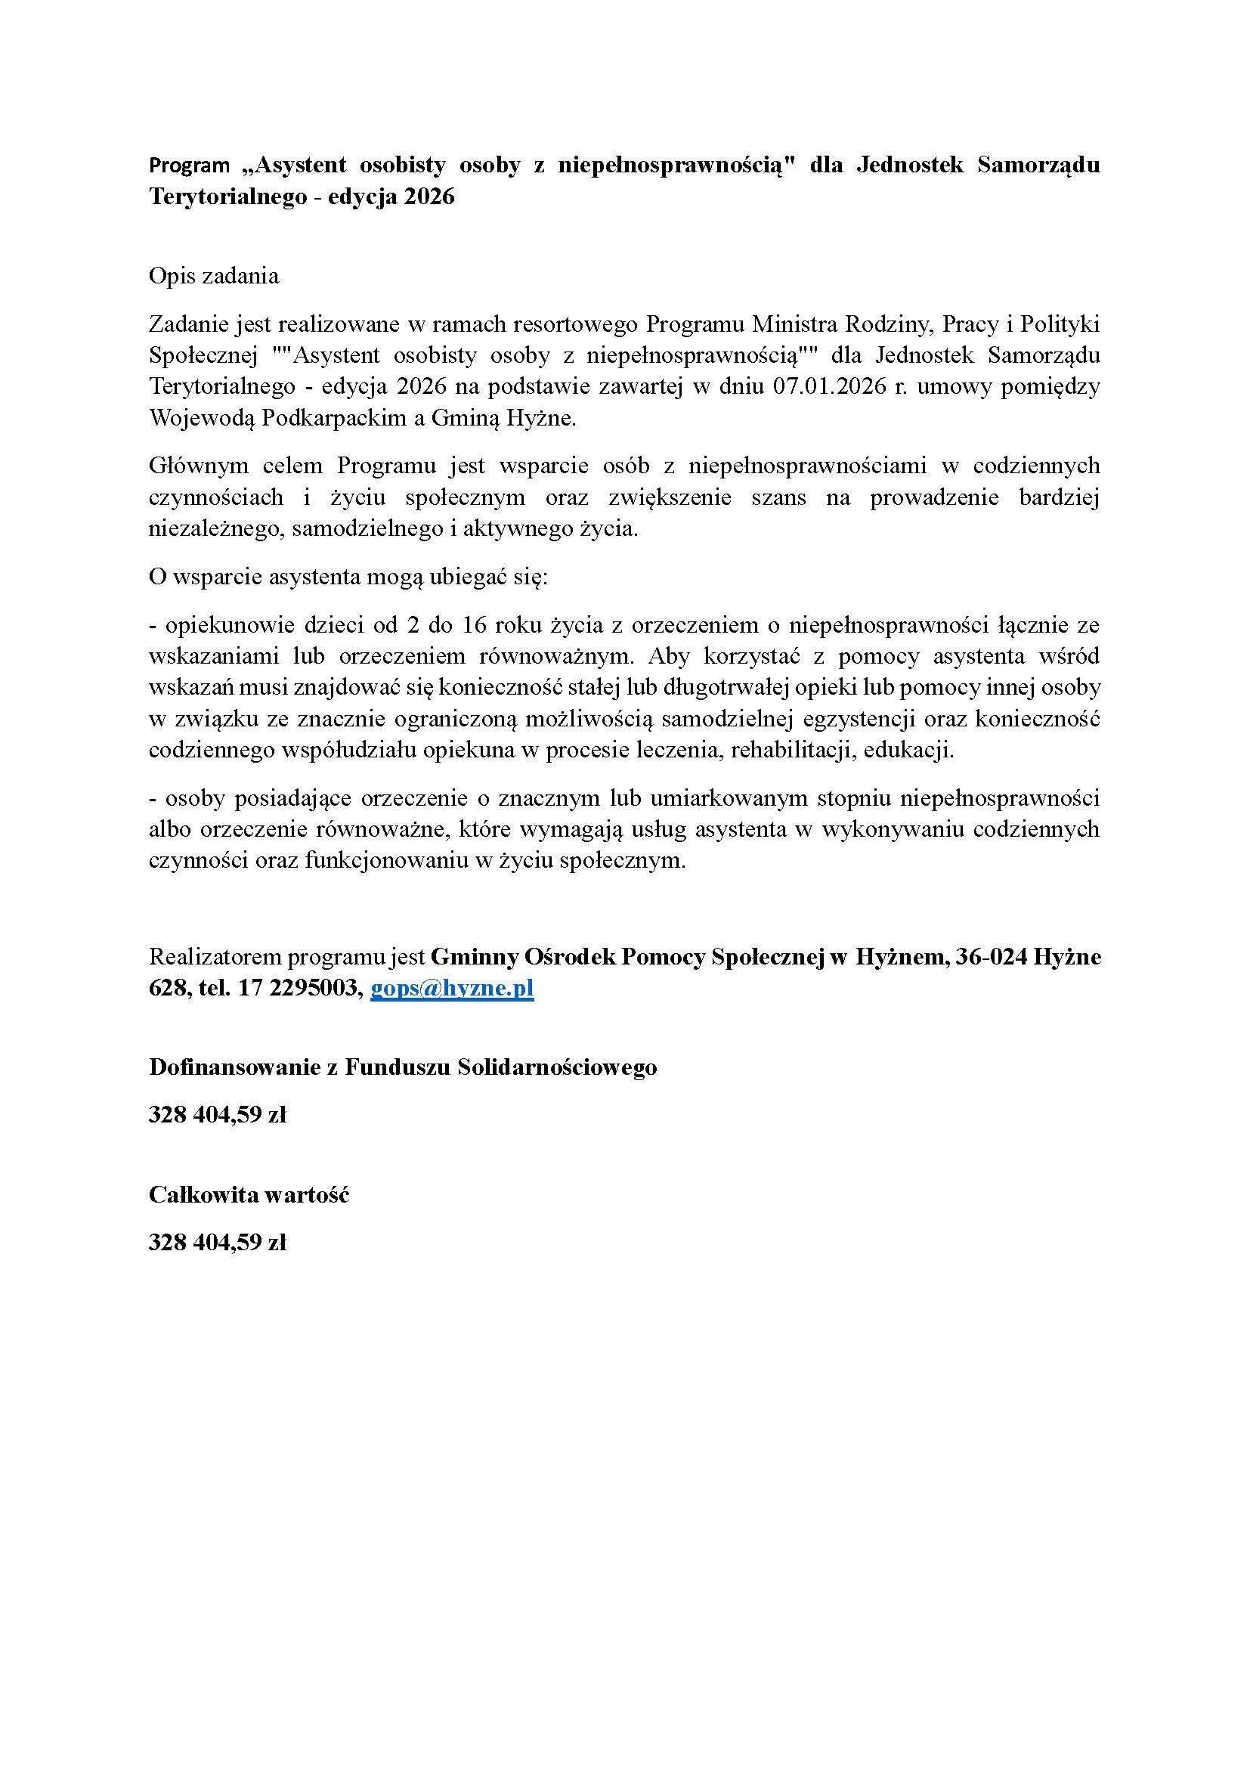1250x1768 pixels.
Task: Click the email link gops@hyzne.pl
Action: pos(452,989)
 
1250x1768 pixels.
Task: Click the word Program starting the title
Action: pos(190,165)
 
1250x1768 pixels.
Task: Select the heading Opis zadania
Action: pos(213,276)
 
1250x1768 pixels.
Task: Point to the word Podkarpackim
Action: pos(335,419)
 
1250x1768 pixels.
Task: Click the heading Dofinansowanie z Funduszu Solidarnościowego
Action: pos(403,1067)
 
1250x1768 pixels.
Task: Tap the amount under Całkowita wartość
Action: pos(217,1243)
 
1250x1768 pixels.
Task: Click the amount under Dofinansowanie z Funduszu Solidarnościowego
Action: pos(217,1115)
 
